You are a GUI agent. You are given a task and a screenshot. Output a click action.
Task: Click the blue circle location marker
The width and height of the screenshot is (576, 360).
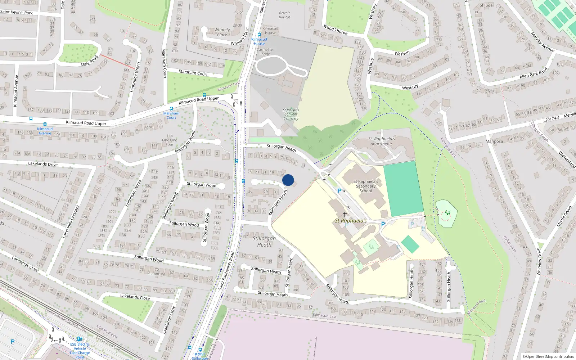click(x=288, y=180)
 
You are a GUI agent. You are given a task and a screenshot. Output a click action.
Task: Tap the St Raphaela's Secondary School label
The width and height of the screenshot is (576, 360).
click(x=366, y=186)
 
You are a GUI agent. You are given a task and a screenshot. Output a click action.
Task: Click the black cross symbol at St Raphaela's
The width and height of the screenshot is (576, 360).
click(x=345, y=214)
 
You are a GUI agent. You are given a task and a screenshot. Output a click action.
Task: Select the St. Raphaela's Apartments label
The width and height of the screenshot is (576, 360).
click(x=382, y=141)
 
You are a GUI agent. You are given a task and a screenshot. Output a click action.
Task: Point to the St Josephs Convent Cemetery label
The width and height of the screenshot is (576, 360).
click(x=291, y=114)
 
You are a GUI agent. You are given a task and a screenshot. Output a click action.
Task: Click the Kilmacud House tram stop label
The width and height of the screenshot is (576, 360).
click(x=259, y=41)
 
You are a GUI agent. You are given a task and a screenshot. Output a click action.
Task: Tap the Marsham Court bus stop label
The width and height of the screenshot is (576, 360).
click(x=171, y=115)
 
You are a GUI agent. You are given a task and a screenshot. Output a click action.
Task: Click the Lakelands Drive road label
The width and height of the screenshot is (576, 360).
click(x=43, y=164)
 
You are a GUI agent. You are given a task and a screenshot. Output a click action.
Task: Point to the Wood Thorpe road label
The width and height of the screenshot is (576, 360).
click(x=336, y=30)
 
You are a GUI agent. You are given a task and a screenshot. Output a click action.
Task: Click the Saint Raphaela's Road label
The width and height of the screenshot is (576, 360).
click(x=226, y=270)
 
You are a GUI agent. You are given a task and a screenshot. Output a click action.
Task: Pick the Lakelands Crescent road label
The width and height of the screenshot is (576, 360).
click(x=71, y=222)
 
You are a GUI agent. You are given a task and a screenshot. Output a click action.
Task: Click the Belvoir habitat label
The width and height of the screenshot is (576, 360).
click(x=284, y=15)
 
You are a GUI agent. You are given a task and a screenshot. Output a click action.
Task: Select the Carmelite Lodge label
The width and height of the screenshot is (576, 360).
click(x=265, y=52)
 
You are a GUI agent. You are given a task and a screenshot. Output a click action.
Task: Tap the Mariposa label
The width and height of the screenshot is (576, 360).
click(x=494, y=141)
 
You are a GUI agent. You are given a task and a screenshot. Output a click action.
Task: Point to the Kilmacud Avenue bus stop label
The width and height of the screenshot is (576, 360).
click(x=45, y=131)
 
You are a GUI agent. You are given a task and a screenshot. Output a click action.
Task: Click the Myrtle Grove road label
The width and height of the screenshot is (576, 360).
click(x=564, y=216)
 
